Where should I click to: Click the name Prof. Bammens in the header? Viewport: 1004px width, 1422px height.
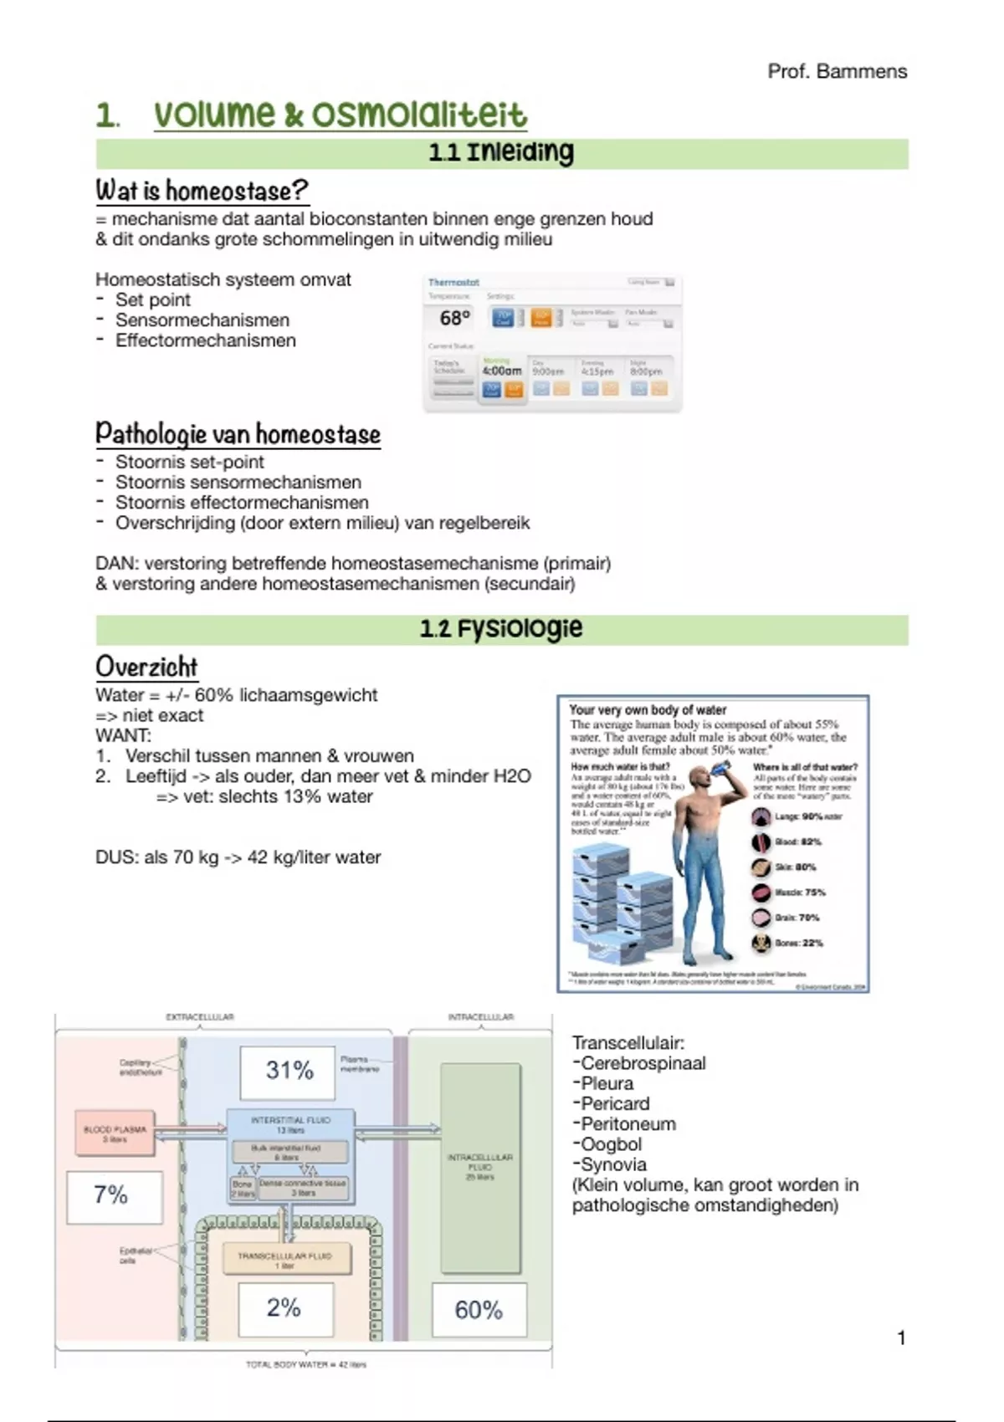click(x=837, y=72)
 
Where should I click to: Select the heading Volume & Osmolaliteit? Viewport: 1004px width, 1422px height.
click(x=340, y=115)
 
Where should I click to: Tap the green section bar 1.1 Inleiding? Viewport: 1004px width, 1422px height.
click(x=502, y=153)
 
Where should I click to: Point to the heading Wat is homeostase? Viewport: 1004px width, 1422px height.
click(x=202, y=191)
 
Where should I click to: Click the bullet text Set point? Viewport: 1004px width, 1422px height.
click(x=153, y=300)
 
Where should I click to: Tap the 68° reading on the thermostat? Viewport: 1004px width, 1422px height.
click(x=455, y=318)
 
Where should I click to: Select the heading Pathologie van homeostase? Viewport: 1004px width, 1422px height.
click(x=238, y=434)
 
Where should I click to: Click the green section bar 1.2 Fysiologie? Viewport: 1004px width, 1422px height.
click(x=502, y=629)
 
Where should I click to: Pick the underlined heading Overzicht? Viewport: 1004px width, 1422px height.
click(x=146, y=667)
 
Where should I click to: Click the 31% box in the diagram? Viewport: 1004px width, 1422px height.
click(x=289, y=1071)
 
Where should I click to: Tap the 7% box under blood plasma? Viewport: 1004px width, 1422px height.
click(x=111, y=1195)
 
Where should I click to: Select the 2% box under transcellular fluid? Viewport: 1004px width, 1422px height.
click(x=284, y=1308)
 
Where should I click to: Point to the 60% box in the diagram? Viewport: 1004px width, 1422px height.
click(x=479, y=1310)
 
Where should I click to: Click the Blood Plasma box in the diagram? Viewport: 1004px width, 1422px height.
click(x=115, y=1133)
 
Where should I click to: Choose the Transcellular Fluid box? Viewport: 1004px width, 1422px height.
click(x=285, y=1259)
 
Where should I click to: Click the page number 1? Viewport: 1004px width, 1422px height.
click(x=901, y=1338)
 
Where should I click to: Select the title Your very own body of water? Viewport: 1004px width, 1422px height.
click(x=648, y=710)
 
